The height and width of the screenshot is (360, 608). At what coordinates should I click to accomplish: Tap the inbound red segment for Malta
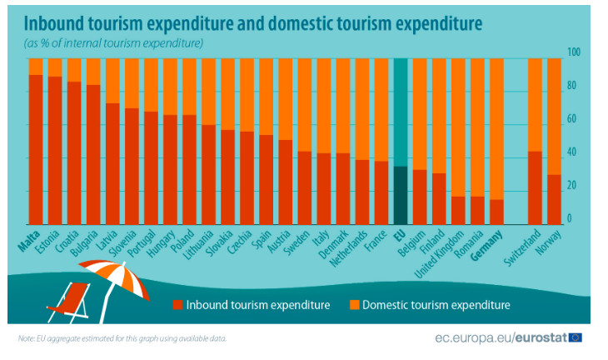point(36,149)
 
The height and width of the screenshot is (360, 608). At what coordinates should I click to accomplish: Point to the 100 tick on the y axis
point(573,52)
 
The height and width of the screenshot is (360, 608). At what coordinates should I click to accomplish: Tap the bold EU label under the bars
point(401,234)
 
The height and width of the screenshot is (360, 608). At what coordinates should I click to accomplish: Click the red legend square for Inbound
point(177,305)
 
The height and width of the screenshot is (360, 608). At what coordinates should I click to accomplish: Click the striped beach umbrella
point(117,277)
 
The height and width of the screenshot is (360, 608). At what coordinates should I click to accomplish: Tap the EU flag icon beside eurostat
point(575,337)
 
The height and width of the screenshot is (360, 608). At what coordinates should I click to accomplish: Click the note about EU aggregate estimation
point(122,338)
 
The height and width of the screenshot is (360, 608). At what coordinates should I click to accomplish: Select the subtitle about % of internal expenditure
point(114,42)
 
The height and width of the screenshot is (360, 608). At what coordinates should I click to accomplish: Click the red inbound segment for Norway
point(553,199)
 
